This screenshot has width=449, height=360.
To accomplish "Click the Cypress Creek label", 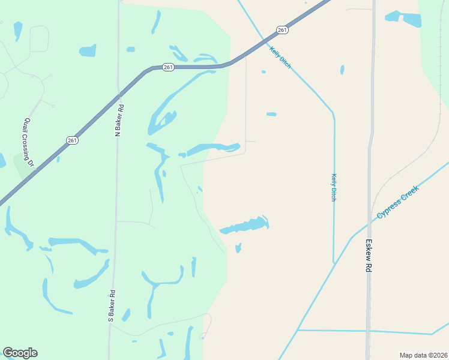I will pos(397,202).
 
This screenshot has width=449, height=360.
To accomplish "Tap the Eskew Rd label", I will pos(369,256).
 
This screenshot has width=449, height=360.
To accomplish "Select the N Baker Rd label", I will pos(120,120).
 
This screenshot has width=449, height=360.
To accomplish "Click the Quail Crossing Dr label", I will pos(28,142).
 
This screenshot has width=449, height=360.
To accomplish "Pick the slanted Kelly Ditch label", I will pos(280,58).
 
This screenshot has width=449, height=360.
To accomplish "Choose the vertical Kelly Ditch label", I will pos(334,187).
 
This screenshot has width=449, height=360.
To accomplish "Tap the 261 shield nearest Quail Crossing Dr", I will pos(72,140).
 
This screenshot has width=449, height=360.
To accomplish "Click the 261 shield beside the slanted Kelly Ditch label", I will pos(282,30).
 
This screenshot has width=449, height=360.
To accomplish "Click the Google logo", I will pos(20,353).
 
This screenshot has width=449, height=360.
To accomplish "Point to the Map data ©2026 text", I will pos(423,355).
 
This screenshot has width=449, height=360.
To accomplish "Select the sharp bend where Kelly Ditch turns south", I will pos(333,112).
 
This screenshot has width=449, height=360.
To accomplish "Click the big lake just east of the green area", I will pos(246,225).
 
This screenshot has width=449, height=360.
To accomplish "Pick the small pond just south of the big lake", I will pos(238,248).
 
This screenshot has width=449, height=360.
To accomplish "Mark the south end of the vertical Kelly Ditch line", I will pos(334,262).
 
